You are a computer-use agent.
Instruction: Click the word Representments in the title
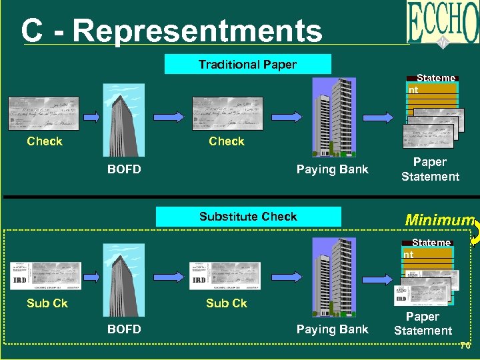point(197,31)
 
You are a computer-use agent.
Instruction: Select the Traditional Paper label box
point(247,65)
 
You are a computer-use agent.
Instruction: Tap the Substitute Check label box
point(248,217)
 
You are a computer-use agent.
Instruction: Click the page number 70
point(465,346)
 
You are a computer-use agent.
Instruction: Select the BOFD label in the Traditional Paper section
point(124,169)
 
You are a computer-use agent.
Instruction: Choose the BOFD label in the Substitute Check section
point(124,329)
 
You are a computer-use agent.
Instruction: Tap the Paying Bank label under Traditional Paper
point(332,169)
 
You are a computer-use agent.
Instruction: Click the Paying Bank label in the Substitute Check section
point(332,329)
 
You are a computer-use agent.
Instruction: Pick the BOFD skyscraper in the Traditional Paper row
point(123,121)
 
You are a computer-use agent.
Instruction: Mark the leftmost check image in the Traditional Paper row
point(43,114)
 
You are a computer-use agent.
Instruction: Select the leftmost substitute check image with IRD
point(45,275)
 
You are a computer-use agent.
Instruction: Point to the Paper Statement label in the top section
point(430,169)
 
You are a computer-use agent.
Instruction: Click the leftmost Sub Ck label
point(47,303)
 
